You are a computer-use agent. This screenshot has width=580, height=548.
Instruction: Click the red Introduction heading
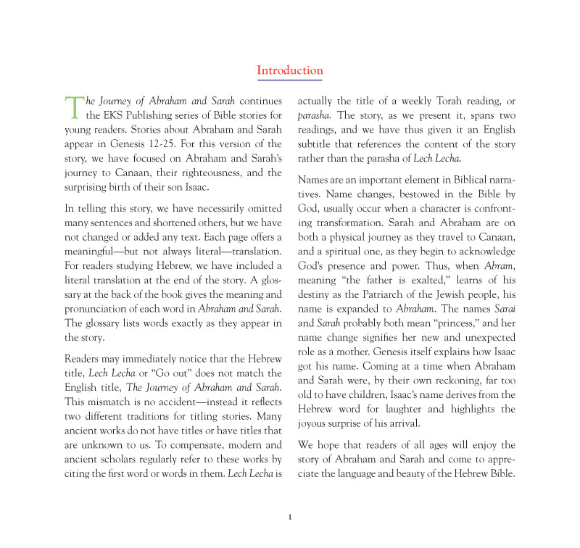[290, 70]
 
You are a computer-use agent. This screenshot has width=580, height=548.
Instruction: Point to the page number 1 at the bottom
[289, 517]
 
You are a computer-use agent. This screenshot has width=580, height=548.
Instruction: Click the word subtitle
[318, 144]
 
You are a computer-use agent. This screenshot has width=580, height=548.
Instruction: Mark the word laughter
[426, 410]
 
